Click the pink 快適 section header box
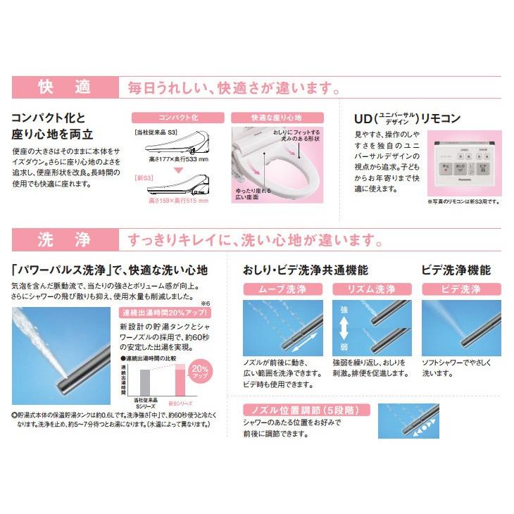click(x=64, y=88)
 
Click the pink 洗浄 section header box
click(x=64, y=240)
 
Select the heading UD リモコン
click(x=407, y=118)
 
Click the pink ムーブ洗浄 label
click(x=282, y=289)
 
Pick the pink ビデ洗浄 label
click(x=461, y=289)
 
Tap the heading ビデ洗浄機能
click(x=456, y=269)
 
